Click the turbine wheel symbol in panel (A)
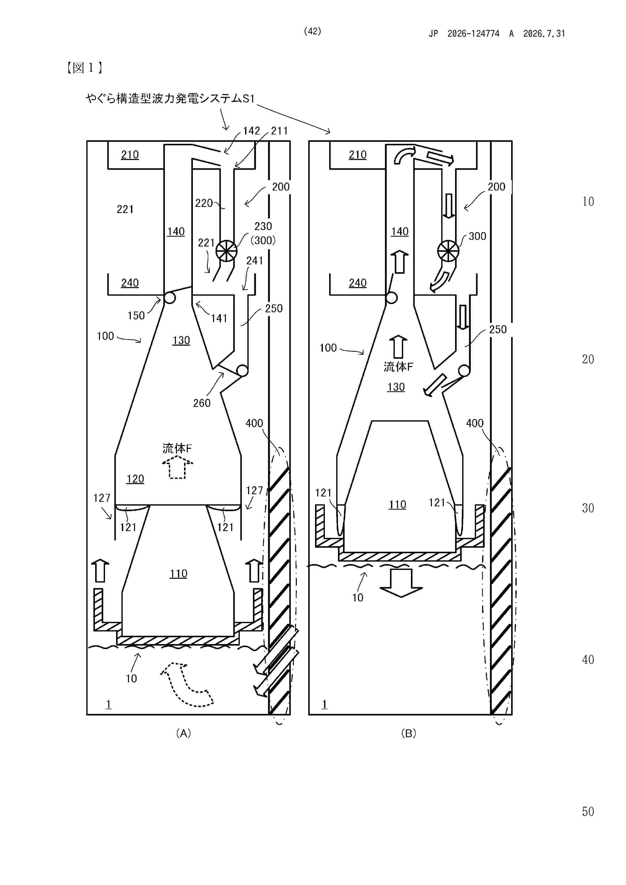click(x=226, y=251)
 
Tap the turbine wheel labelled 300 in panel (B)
click(x=448, y=251)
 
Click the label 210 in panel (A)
click(x=130, y=155)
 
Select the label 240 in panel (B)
click(x=357, y=283)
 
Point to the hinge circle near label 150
click(x=169, y=298)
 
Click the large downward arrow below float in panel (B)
click(x=401, y=583)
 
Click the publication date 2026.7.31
click(x=544, y=34)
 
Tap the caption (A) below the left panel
click(x=183, y=733)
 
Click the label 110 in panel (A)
click(x=178, y=573)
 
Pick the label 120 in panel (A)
click(x=135, y=479)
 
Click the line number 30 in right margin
click(x=588, y=508)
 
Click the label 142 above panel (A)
click(x=251, y=131)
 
